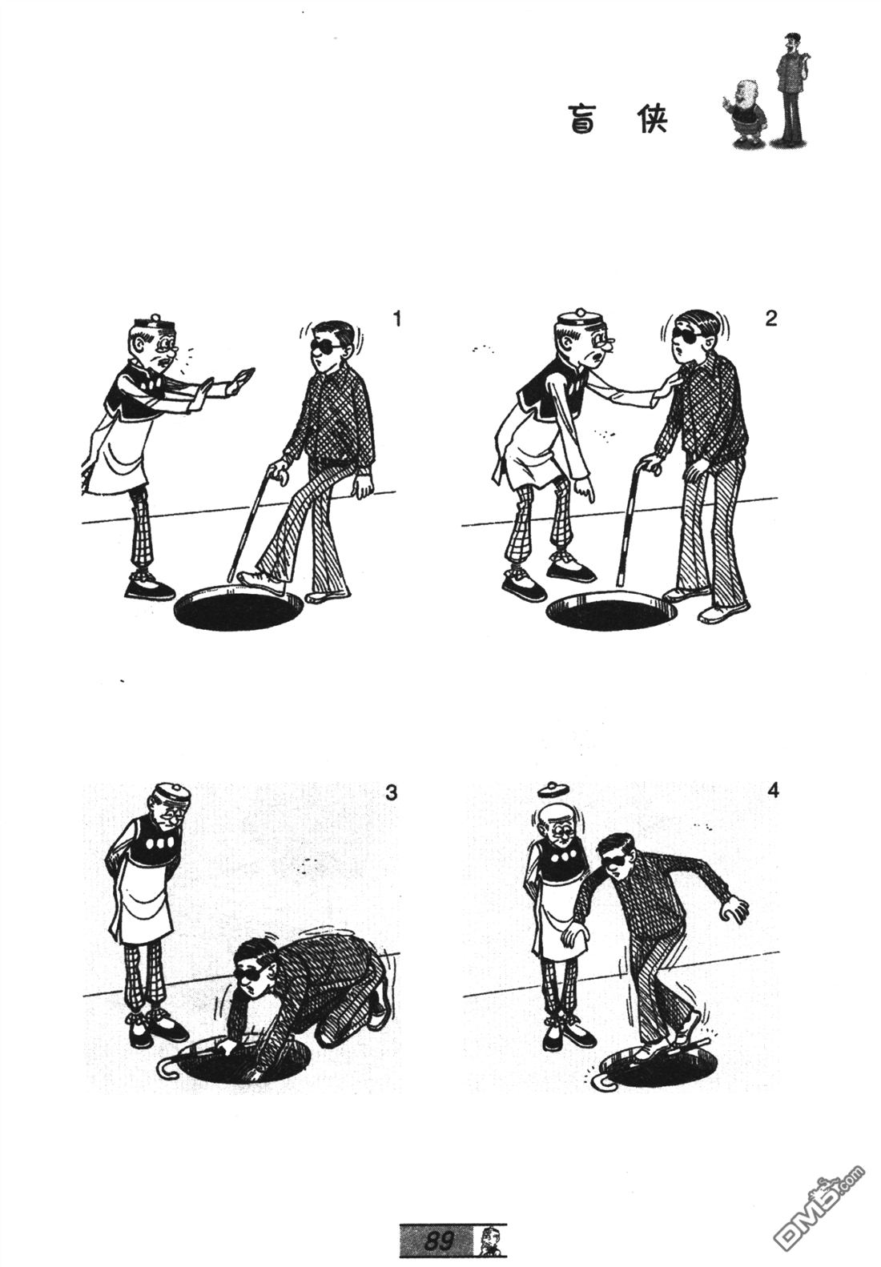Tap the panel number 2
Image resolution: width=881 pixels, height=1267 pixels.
tap(770, 319)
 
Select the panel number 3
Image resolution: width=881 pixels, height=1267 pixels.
tap(391, 793)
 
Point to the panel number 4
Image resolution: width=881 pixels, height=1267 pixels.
tap(773, 790)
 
